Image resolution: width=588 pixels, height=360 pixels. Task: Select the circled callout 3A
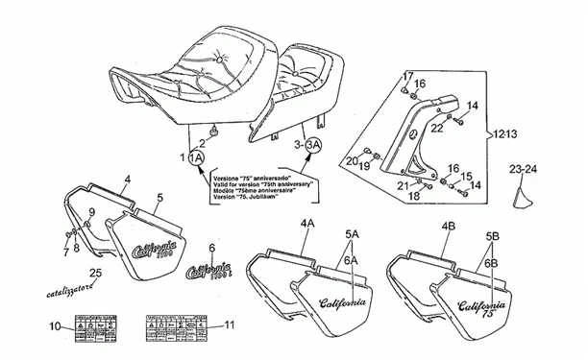(x=314, y=145)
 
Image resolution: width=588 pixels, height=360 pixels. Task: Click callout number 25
(x=95, y=273)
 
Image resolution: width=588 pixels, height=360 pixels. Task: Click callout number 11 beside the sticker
(x=229, y=324)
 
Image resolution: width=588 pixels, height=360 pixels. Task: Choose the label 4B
(x=447, y=227)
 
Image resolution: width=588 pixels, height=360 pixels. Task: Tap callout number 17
(x=405, y=76)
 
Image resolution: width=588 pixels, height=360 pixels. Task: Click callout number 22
(x=435, y=127)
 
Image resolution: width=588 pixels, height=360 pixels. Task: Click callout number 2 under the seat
(x=202, y=142)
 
